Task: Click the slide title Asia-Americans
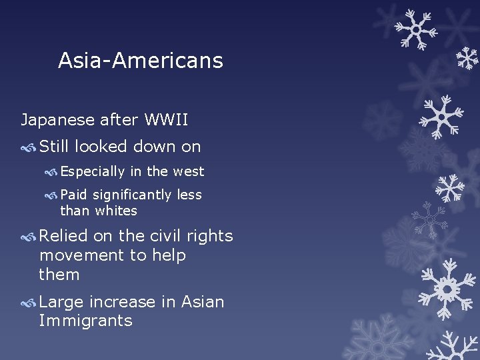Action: pos(140,61)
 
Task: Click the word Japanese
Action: pos(57,121)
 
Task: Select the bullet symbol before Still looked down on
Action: pos(29,147)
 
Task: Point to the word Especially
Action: pos(93,172)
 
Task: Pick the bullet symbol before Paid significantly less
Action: pos(51,195)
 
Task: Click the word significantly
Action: pos(133,195)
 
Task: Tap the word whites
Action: pos(116,211)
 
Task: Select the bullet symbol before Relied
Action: pos(29,237)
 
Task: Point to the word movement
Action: pos(73,255)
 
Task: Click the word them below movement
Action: pos(59,275)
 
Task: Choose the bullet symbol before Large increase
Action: pos(29,303)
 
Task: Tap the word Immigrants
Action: pos(85,321)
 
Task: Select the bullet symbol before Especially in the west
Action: pos(51,172)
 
